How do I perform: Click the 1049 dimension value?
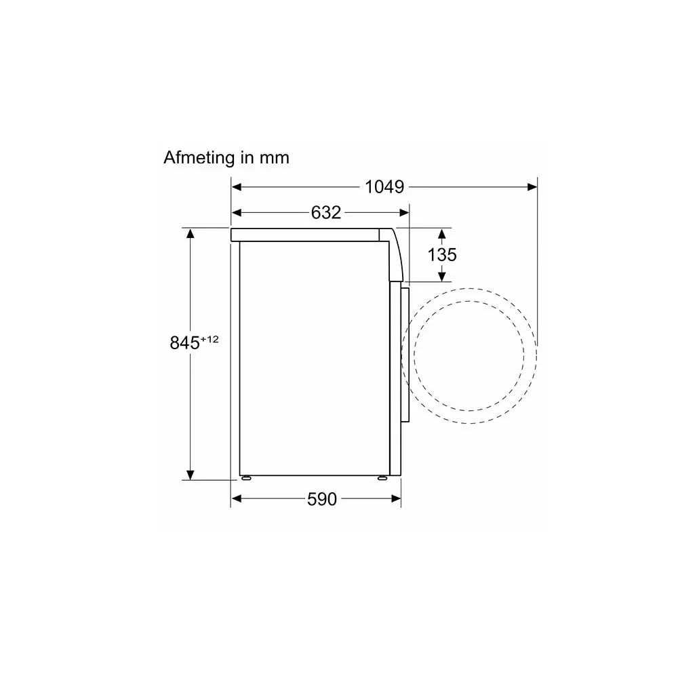click(384, 187)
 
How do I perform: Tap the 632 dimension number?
click(326, 212)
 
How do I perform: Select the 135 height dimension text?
click(442, 255)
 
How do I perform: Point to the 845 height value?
click(184, 343)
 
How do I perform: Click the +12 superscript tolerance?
click(210, 339)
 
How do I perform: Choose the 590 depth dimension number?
click(321, 499)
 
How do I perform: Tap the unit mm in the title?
click(274, 159)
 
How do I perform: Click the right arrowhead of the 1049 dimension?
click(532, 187)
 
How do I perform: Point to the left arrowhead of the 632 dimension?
click(236, 212)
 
